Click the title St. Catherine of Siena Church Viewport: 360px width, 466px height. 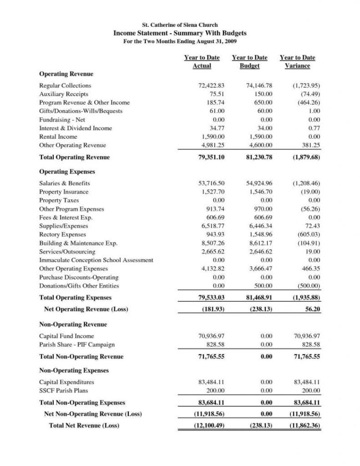tap(180, 25)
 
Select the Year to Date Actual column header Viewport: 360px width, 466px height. tap(202, 61)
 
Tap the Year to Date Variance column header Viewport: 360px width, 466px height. tap(297, 61)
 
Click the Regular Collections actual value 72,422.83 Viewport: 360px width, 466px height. tap(212, 85)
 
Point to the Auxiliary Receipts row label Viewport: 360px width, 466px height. tap(63, 94)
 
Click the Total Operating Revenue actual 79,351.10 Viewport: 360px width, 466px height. tap(211, 157)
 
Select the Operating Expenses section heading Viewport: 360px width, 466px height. tap(67, 172)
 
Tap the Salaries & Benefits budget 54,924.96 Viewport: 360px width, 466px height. tap(259, 183)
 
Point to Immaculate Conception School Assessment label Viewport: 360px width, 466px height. tap(96, 260)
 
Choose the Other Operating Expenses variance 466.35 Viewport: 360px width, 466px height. tap(310, 269)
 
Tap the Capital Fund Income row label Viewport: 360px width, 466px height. tap(66, 336)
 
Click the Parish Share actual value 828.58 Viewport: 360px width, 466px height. tap(215, 344)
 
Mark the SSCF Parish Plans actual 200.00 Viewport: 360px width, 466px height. tap(215, 391)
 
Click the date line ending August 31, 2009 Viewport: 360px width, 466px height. tap(180, 42)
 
